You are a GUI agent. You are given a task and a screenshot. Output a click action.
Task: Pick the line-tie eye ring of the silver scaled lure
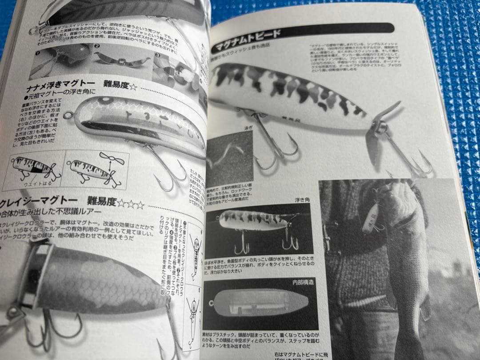point(68,116)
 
